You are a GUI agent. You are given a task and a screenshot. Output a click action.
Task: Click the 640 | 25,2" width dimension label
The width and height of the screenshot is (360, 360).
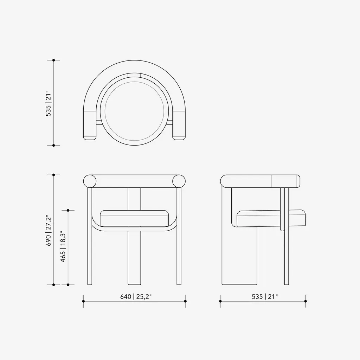(136, 296)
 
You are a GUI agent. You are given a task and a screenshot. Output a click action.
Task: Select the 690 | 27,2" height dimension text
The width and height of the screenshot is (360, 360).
(49, 231)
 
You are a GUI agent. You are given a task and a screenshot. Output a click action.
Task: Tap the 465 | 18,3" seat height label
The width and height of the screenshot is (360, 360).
(63, 246)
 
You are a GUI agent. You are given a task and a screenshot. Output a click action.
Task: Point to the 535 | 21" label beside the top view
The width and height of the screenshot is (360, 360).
(49, 103)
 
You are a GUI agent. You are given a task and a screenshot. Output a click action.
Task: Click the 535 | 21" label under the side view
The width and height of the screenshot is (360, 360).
(265, 296)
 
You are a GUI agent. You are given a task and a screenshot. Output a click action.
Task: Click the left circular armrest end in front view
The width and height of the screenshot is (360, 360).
(90, 181)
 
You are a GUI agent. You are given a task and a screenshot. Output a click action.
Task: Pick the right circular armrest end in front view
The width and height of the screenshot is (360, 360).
(179, 181)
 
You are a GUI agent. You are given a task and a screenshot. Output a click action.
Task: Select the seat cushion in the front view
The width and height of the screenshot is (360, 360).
(134, 218)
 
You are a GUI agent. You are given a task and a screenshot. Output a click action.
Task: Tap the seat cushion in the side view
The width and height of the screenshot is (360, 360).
(271, 218)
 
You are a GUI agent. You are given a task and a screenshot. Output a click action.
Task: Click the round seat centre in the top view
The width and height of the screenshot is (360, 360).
(134, 111)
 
